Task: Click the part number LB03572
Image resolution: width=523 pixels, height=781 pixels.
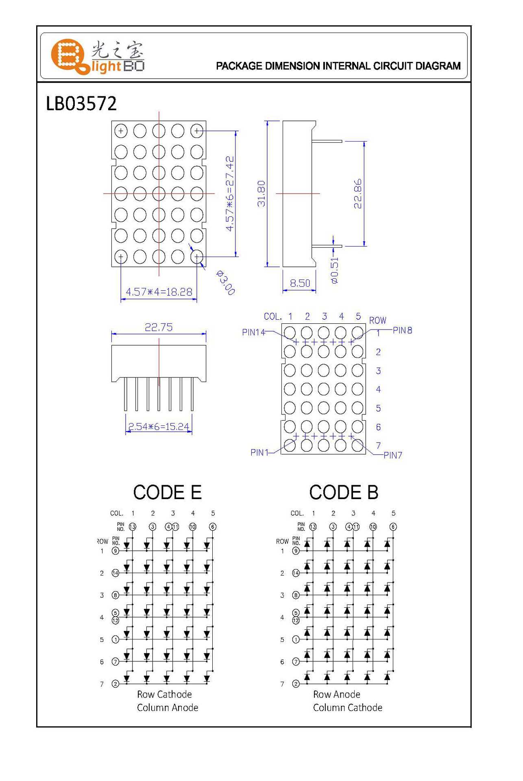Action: [81, 104]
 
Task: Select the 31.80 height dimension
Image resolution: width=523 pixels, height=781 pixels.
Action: [261, 194]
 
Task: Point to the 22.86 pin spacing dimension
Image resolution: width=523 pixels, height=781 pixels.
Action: [357, 194]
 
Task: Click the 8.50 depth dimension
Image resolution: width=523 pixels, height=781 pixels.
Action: [300, 283]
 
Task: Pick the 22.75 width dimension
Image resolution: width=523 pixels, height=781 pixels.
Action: [159, 327]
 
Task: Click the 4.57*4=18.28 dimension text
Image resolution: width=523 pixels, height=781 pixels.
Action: [159, 292]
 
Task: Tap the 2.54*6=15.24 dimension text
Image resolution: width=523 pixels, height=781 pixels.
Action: [159, 426]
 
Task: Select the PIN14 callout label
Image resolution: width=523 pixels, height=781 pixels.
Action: [253, 332]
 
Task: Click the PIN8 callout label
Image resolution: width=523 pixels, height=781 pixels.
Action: [403, 330]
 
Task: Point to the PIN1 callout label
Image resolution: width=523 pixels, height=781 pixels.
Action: [259, 452]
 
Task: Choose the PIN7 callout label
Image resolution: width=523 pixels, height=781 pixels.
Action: [393, 455]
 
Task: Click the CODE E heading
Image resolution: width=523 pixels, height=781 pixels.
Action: [167, 492]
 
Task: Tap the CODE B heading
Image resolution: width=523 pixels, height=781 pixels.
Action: [344, 492]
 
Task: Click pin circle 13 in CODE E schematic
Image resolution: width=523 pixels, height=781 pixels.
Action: [133, 527]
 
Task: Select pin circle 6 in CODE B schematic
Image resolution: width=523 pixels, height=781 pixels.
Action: [393, 527]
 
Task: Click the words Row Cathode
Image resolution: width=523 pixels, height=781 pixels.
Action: [164, 694]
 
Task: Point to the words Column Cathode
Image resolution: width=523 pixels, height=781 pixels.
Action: [347, 708]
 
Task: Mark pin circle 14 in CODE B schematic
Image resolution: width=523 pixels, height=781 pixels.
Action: [296, 573]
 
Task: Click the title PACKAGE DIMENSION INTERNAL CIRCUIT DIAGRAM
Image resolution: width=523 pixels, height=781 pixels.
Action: [338, 66]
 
